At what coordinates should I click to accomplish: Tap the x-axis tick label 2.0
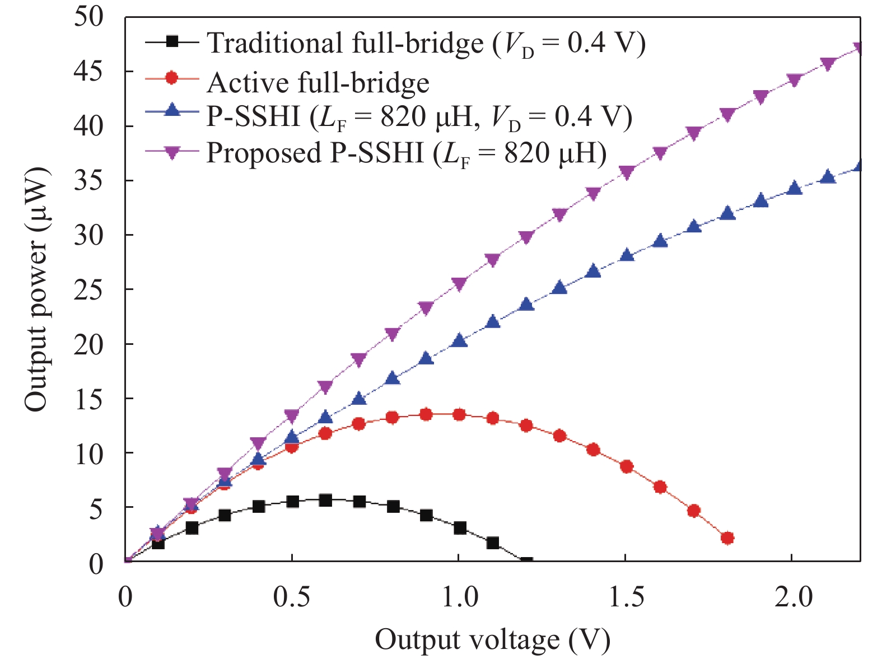coord(793,597)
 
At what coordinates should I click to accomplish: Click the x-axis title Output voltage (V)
coord(492,639)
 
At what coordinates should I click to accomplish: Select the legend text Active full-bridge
coord(318,83)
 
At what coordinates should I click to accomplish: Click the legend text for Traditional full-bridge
coord(426,43)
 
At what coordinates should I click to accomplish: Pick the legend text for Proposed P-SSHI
coord(407,152)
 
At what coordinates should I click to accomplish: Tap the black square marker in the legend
coord(172,41)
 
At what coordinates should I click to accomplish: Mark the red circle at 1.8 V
coord(727,538)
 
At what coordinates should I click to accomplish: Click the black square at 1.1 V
coord(493,543)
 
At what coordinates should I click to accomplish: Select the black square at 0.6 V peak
coord(325,500)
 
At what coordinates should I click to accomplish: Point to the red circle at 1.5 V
coord(627,466)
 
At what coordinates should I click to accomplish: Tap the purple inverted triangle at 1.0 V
coord(459,284)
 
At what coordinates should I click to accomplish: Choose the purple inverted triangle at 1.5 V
coord(627,172)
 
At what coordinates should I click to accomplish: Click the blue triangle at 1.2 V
coord(526,305)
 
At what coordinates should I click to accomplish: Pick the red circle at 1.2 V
coord(526,426)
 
